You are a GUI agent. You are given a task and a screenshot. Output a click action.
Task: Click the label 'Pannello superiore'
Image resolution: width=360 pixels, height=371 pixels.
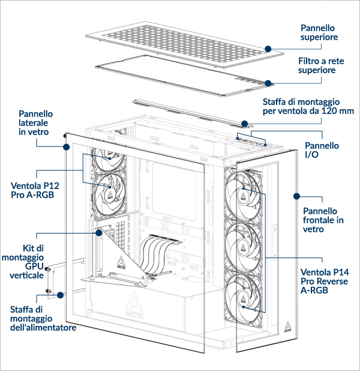pyautogui.click(x=318, y=32)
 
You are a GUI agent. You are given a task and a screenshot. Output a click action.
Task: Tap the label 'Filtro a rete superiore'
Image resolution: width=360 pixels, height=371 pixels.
pyautogui.click(x=317, y=66)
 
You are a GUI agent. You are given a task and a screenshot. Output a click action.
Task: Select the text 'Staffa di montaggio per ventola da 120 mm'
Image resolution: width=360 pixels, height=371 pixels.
pyautogui.click(x=308, y=107)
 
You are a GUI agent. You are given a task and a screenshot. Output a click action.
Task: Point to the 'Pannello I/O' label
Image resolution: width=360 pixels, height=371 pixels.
pyautogui.click(x=322, y=150)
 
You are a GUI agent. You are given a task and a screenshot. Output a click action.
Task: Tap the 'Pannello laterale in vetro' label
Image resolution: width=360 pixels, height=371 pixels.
pyautogui.click(x=36, y=123)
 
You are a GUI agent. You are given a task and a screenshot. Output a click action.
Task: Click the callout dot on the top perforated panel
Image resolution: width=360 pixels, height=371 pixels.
pyautogui.click(x=268, y=47)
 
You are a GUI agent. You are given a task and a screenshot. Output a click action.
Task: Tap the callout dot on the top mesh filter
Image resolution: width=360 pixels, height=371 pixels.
pyautogui.click(x=268, y=83)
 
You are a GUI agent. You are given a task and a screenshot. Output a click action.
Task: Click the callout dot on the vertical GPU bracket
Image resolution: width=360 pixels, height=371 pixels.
pyautogui.click(x=97, y=231)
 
